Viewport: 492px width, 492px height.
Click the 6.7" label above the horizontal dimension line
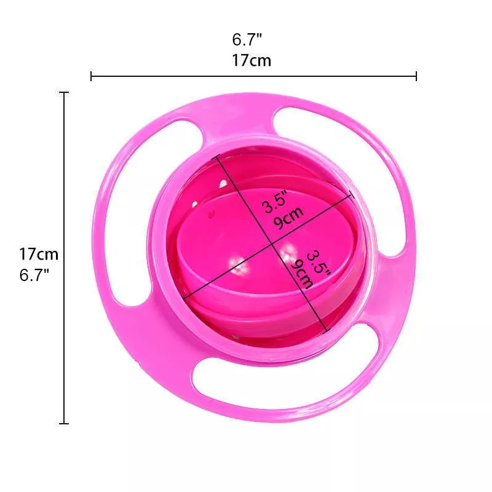(247, 39)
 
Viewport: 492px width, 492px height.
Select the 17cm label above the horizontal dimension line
(252, 60)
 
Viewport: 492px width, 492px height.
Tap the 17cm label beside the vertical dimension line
(39, 254)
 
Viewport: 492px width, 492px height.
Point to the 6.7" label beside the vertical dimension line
(34, 275)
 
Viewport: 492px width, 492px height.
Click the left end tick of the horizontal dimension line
(91, 76)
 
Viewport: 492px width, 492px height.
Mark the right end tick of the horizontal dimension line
(416, 76)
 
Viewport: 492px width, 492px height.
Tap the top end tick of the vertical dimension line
(64, 93)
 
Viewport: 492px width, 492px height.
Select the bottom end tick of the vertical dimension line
(64, 424)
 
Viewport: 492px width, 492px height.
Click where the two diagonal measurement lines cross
(272, 244)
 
